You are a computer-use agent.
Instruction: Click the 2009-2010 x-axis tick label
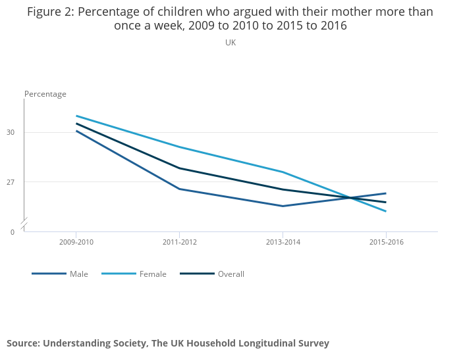click(x=76, y=242)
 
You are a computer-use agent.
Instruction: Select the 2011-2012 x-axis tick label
click(x=180, y=242)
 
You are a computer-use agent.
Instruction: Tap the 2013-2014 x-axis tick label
click(x=283, y=242)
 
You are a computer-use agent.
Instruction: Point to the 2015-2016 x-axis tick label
click(x=387, y=242)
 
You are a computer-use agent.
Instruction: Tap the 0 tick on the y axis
click(x=13, y=231)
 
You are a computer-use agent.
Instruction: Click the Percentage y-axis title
click(x=45, y=94)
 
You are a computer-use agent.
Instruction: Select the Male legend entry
click(x=78, y=274)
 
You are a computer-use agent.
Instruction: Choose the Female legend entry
click(x=153, y=274)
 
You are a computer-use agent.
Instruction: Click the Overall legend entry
click(x=230, y=274)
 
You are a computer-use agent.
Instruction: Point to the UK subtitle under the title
click(x=230, y=43)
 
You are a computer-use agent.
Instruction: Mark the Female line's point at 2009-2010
click(x=76, y=116)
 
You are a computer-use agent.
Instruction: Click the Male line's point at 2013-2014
click(x=283, y=206)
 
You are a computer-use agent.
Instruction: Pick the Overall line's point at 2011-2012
click(x=180, y=168)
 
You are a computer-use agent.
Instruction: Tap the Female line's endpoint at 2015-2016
click(x=387, y=211)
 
